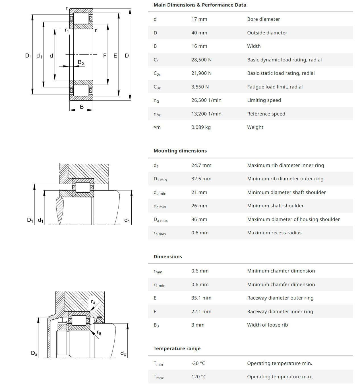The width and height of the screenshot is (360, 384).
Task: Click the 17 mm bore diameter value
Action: [199, 19]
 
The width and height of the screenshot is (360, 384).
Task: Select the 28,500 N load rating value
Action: [201, 60]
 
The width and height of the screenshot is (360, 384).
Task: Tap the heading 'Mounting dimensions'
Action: [180, 151]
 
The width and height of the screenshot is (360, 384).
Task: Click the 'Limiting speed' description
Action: [264, 100]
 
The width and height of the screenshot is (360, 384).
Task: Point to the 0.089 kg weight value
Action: [201, 127]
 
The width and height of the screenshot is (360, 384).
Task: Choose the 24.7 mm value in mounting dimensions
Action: [201, 165]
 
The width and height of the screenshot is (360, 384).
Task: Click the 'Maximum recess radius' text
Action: [274, 233]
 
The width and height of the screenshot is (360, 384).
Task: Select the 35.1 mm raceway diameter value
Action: [201, 298]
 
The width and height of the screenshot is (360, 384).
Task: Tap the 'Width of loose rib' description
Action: [267, 325]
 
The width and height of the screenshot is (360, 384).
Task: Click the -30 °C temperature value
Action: [198, 363]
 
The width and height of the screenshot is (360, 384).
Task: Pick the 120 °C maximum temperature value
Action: [198, 377]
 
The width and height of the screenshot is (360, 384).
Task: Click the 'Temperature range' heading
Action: [177, 348]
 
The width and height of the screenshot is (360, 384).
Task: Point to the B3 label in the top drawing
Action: [81, 62]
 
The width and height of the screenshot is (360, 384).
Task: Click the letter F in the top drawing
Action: [105, 56]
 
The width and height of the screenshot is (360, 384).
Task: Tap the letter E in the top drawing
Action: [115, 56]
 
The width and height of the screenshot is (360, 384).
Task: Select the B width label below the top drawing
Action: [82, 107]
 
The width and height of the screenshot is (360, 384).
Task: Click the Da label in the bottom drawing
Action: [34, 353]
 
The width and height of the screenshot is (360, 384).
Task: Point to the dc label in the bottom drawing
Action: [123, 353]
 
